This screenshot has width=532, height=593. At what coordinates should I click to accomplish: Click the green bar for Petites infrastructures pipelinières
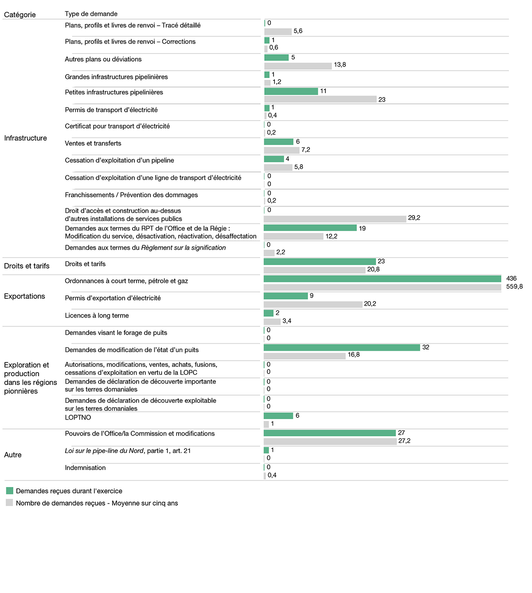click(291, 91)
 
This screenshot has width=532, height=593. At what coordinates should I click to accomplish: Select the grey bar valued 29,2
click(335, 219)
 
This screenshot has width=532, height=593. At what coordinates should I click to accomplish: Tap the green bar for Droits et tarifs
click(320, 262)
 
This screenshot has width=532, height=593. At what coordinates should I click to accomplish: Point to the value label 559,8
click(514, 287)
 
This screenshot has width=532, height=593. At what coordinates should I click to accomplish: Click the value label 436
click(511, 279)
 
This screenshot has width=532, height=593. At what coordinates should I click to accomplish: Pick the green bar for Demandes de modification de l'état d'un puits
click(341, 348)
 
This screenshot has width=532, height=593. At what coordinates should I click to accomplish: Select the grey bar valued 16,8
click(305, 356)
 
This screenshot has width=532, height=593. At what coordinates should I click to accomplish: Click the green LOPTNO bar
click(278, 416)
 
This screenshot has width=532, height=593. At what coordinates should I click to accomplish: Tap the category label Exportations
click(24, 296)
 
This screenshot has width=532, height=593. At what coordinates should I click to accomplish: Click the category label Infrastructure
click(25, 138)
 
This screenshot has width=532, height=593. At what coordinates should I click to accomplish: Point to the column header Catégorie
click(20, 15)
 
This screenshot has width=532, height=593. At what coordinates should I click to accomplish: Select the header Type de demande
click(91, 14)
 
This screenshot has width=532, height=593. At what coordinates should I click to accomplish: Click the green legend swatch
click(10, 491)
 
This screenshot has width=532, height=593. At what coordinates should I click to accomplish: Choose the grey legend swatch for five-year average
click(10, 503)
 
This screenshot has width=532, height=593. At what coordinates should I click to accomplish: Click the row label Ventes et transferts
click(93, 143)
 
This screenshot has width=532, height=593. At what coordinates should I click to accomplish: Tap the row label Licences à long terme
click(97, 315)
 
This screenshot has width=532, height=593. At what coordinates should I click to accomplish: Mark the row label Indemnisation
click(85, 467)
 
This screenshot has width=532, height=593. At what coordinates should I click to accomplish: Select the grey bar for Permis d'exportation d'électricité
click(313, 304)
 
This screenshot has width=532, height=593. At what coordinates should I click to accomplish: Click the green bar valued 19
click(310, 228)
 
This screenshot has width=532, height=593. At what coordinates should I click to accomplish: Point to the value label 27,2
click(404, 441)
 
